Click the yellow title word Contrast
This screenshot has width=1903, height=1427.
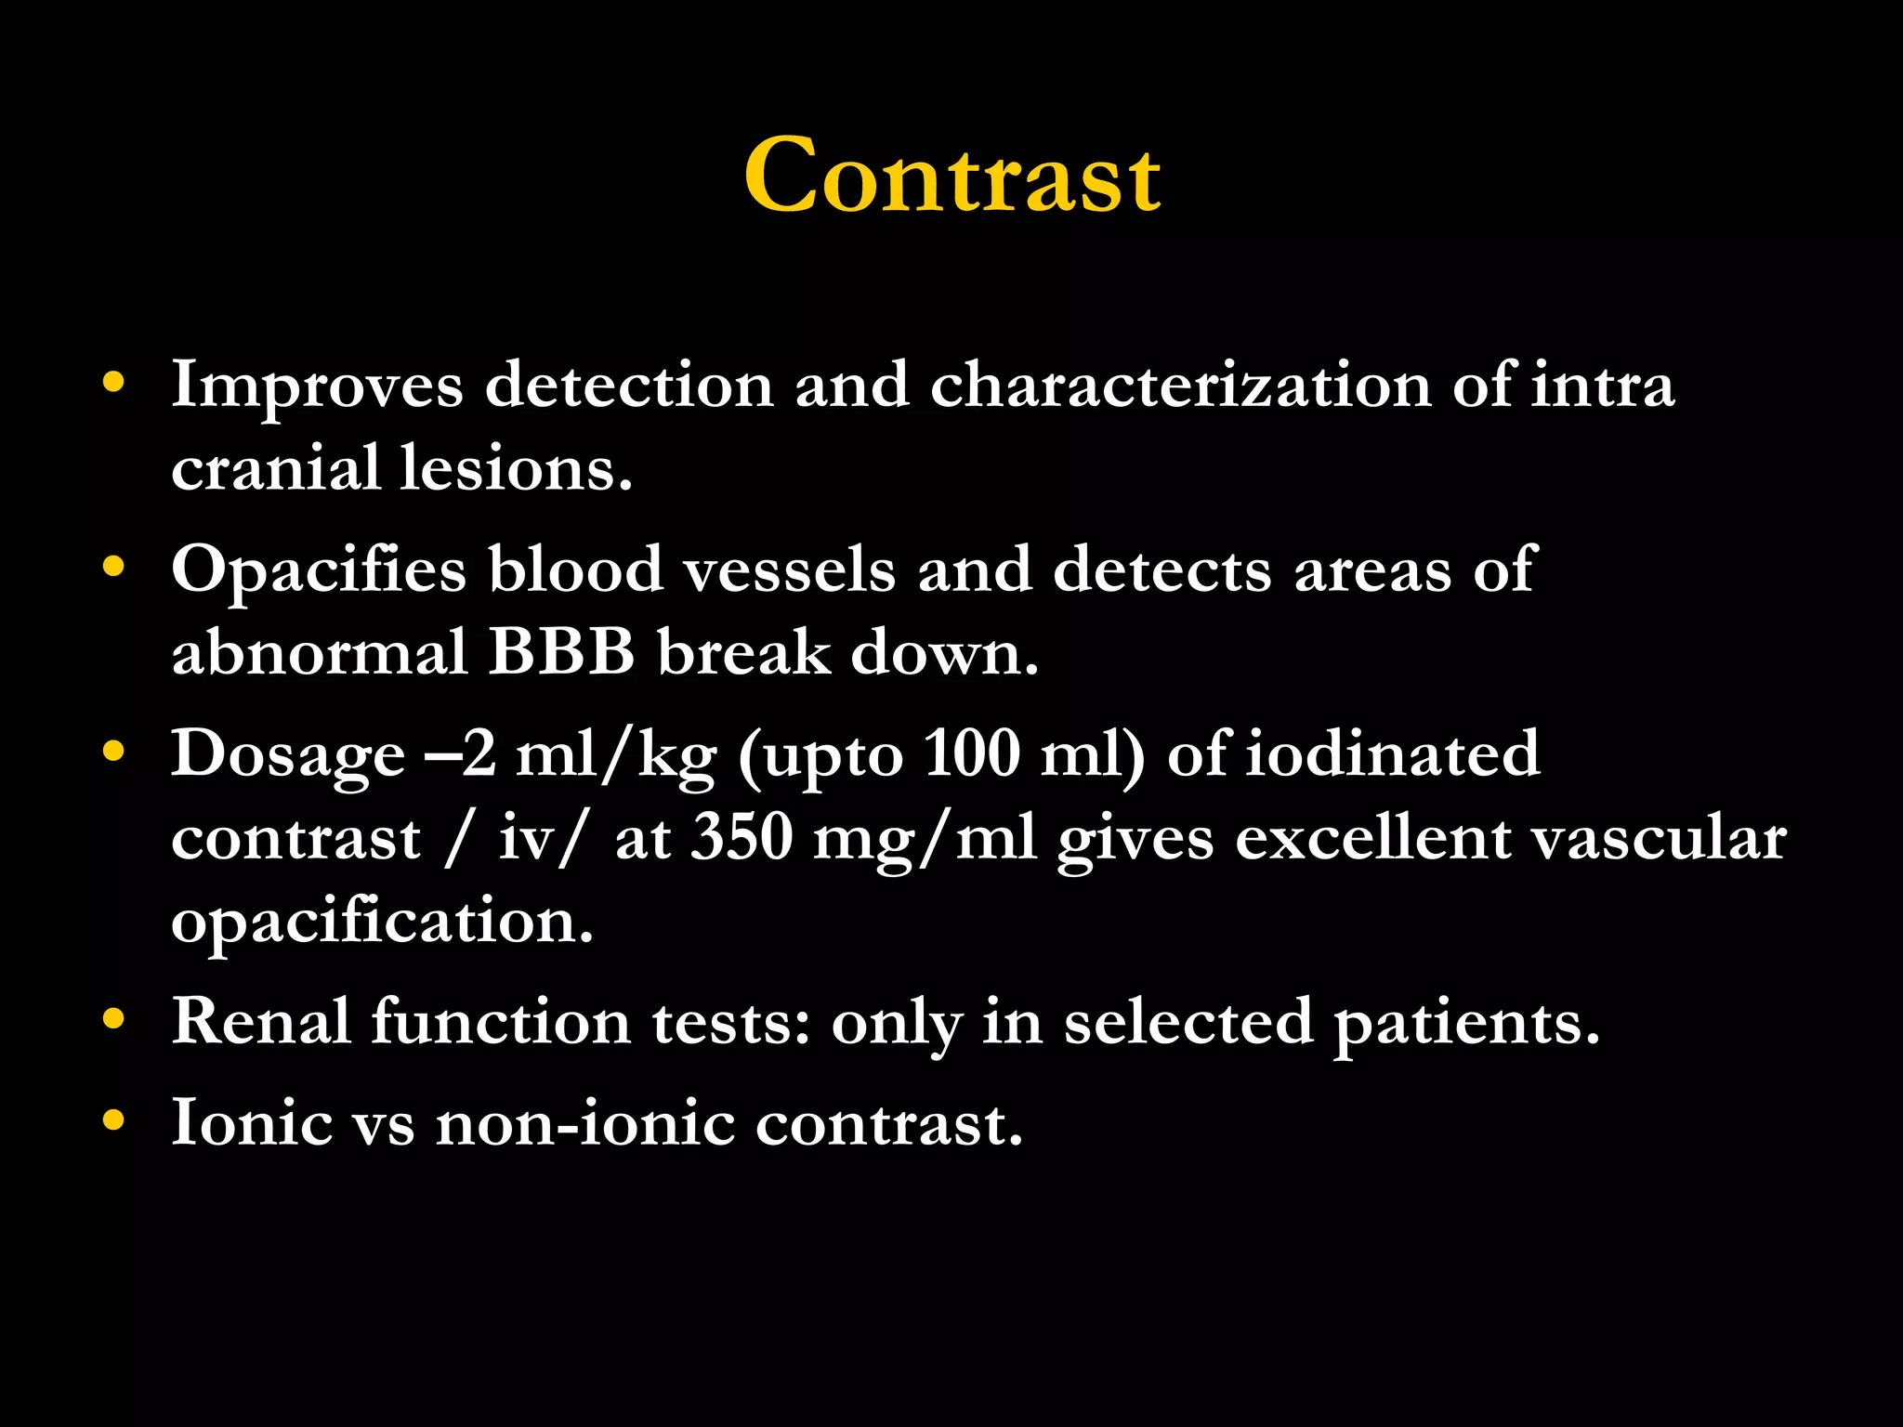pos(951,177)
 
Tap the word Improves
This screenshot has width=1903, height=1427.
pos(317,386)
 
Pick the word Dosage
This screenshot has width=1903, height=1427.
pos(288,755)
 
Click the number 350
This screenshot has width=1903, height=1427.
pos(742,837)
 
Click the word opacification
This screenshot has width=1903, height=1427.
pos(382,922)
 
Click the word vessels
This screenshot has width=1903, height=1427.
pos(790,569)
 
